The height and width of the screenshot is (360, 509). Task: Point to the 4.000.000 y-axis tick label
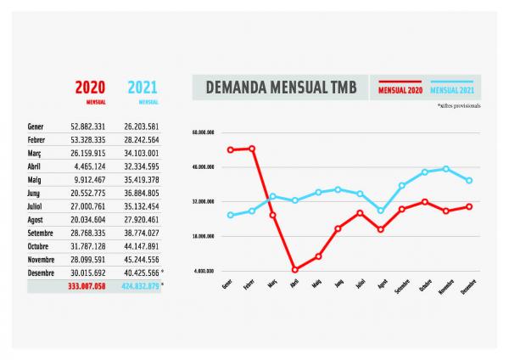202,271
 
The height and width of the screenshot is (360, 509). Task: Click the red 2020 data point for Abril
294,270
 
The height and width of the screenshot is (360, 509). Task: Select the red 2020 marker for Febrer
251,149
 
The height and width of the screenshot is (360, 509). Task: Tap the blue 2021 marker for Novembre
446,169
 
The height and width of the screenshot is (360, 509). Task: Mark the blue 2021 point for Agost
382,211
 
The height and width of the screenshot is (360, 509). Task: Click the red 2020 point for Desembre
469,206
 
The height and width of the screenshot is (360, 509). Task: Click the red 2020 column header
90,87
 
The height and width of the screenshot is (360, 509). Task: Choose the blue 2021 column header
143,87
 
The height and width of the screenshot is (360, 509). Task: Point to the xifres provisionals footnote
459,106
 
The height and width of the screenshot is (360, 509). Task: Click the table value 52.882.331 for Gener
88,126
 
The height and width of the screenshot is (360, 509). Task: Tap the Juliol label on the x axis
360,284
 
